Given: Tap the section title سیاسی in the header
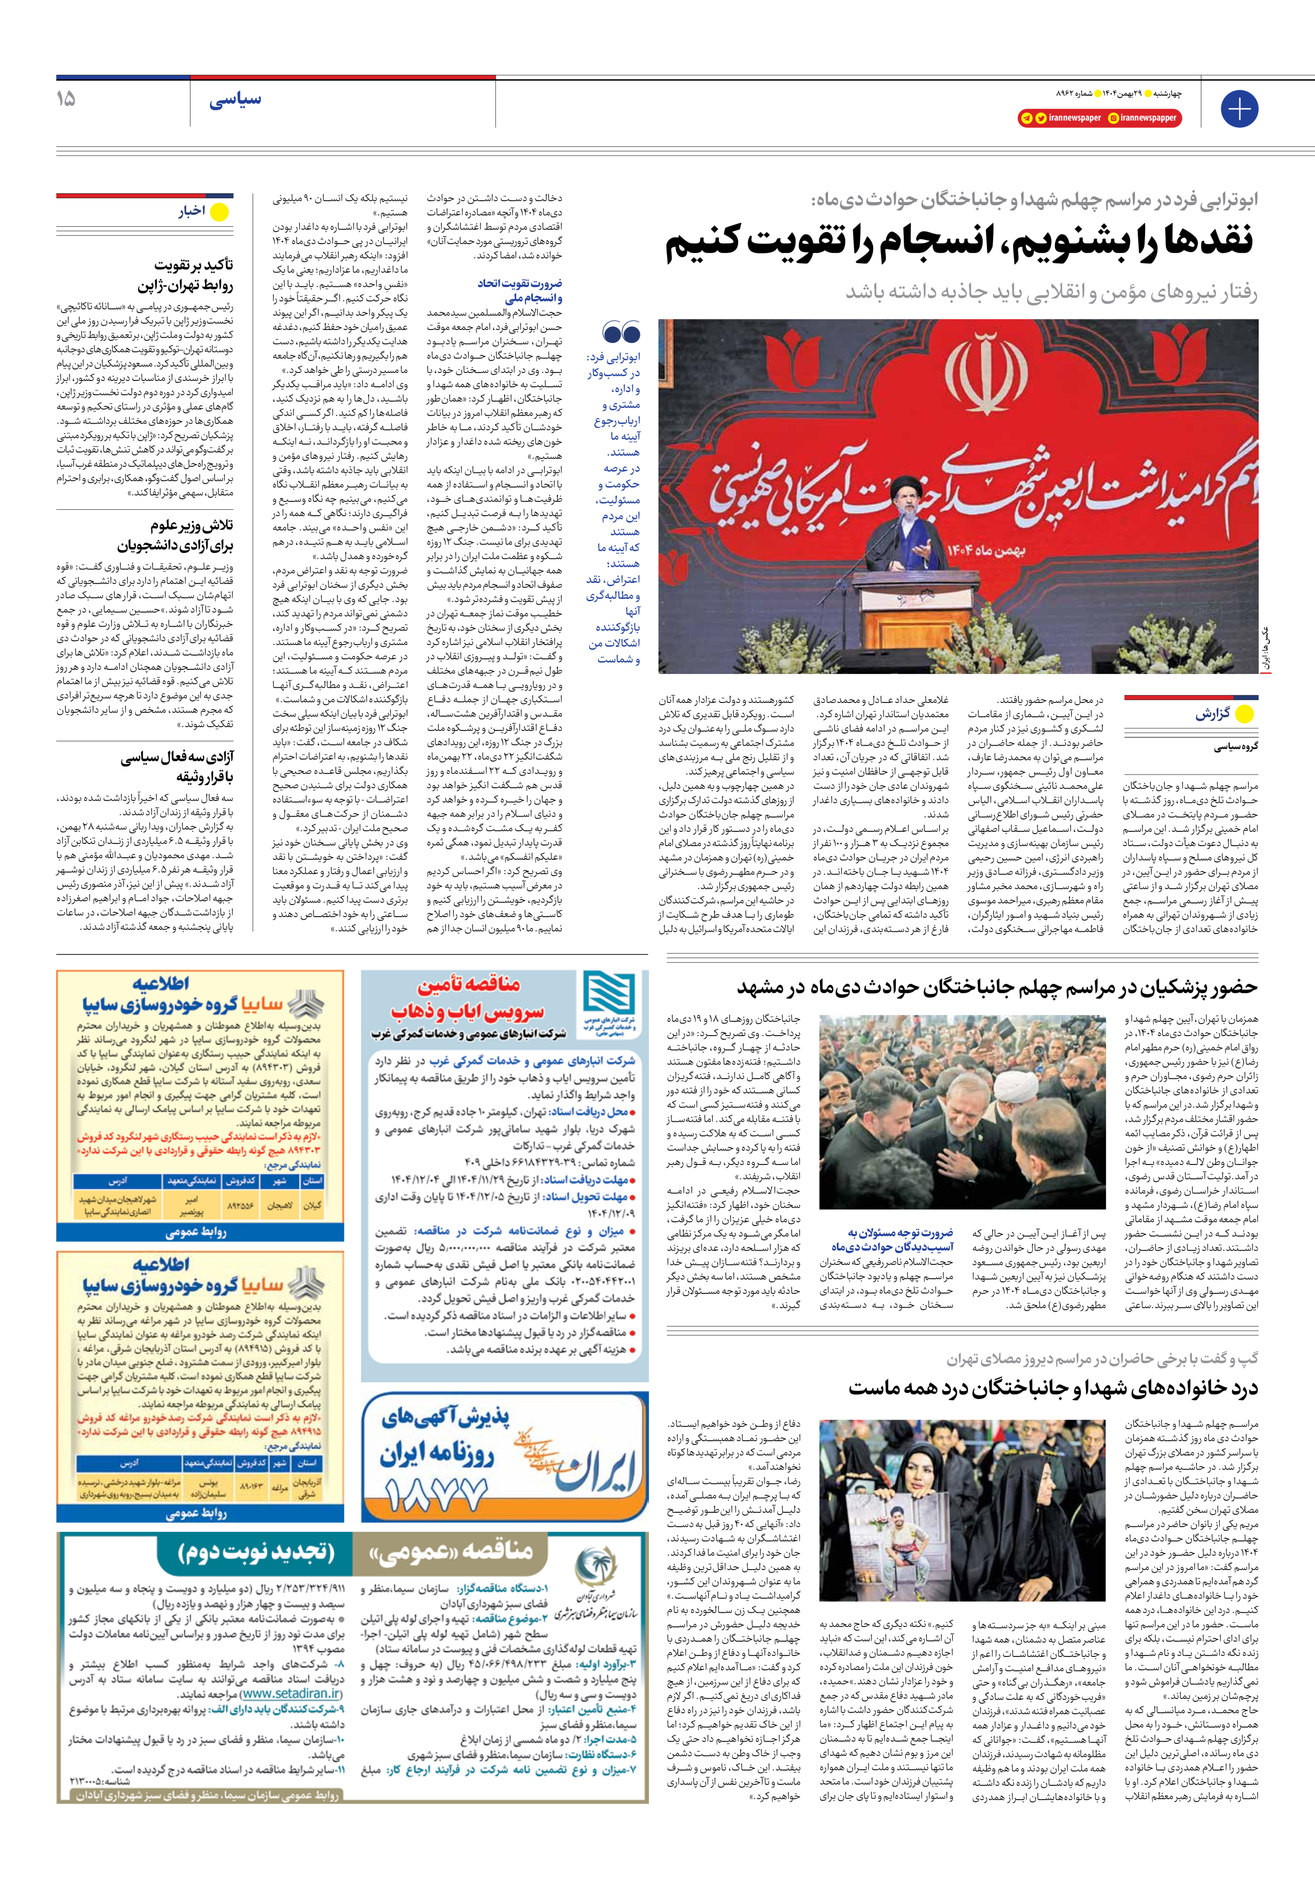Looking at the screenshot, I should coord(235,101).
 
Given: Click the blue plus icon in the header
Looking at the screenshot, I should coord(1239,109).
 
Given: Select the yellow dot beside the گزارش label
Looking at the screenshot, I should coord(1244,714).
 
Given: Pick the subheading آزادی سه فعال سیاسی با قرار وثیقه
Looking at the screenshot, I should coord(178,767).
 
